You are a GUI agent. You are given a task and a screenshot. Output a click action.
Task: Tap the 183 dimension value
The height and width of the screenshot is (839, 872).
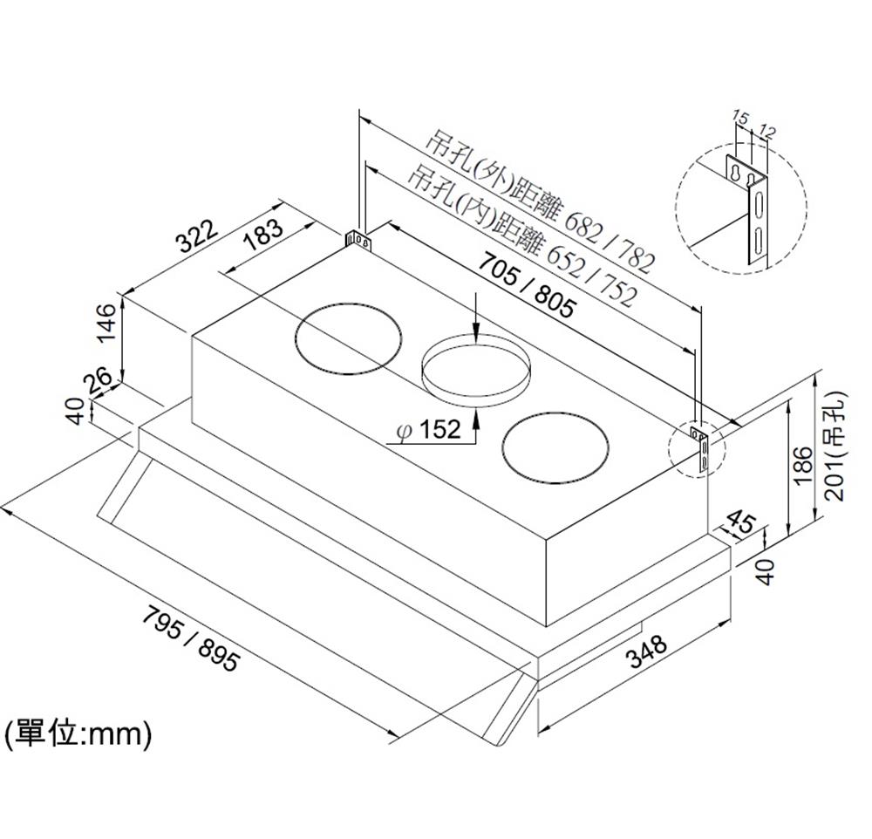pos(263,232)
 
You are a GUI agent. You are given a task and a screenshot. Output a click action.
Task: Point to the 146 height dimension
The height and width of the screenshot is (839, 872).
pos(106,322)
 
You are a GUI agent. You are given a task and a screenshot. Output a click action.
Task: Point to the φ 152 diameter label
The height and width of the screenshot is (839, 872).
pos(427,430)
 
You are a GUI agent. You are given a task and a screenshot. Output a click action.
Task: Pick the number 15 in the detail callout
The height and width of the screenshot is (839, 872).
pos(740,117)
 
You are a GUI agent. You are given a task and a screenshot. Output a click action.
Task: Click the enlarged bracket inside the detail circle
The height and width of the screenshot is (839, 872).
pos(749,209)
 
